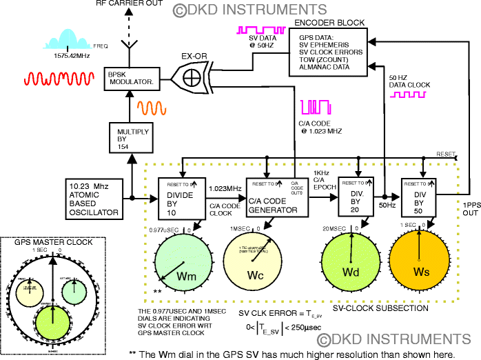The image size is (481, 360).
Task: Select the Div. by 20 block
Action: [x=357, y=197]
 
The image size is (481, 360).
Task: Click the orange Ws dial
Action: [x=420, y=266]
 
